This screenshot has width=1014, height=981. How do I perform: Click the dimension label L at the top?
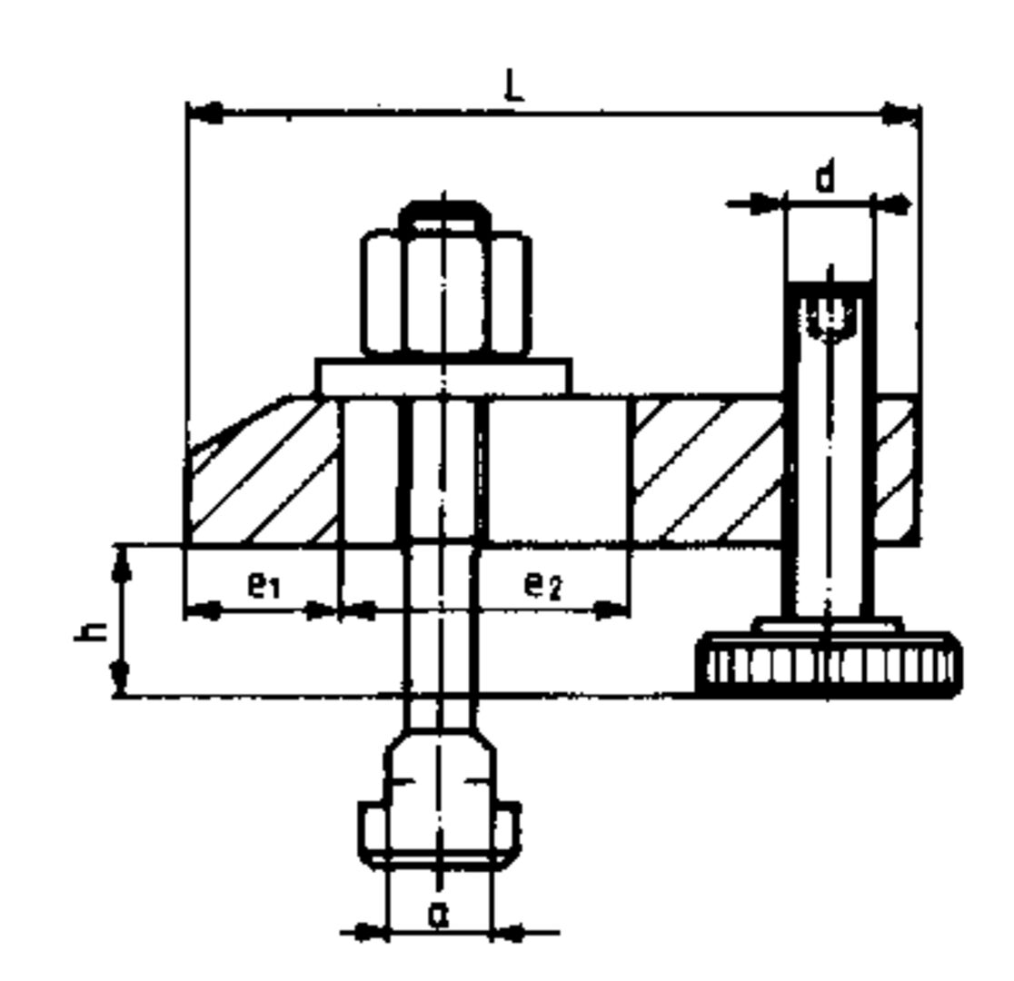point(515,86)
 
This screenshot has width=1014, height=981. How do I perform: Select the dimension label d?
point(824,178)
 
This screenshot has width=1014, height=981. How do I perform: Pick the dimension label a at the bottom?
point(439,916)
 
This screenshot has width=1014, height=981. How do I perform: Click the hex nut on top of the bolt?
point(445,292)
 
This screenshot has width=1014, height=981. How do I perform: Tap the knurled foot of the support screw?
point(828,665)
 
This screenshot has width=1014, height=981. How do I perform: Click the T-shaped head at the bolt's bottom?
point(440,813)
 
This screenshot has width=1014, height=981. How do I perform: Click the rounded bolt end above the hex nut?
point(445,214)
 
